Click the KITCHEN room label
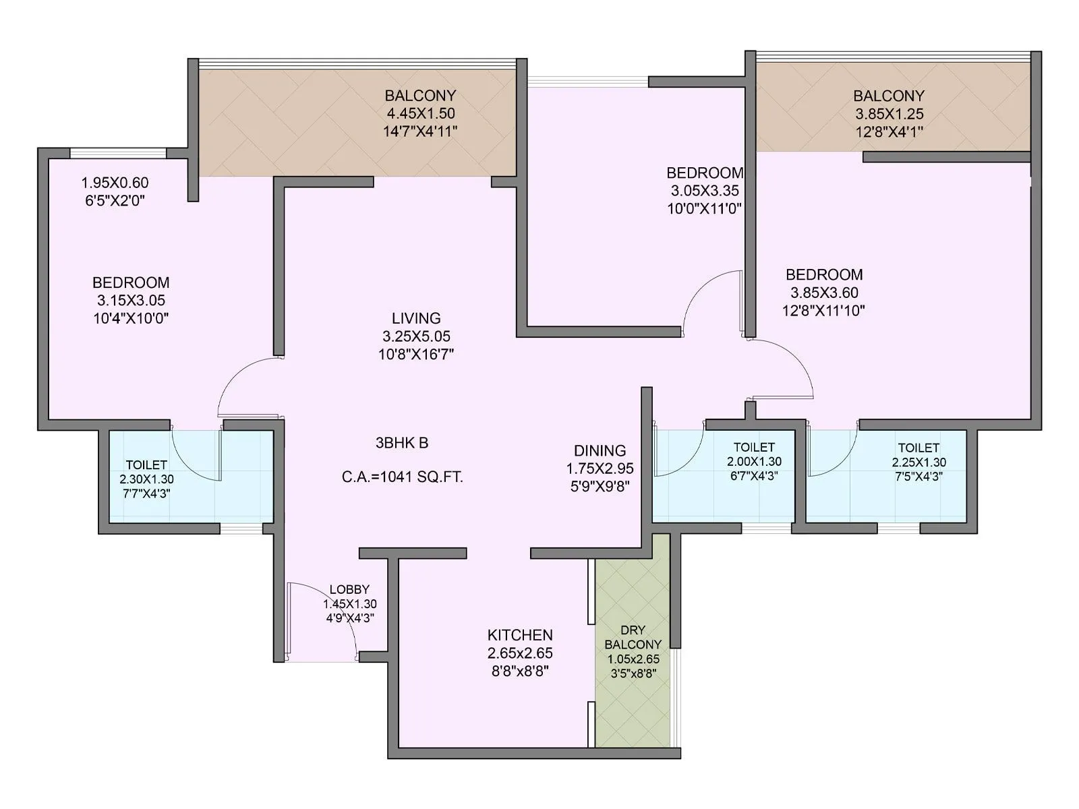pos(520,635)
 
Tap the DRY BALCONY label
pos(633,637)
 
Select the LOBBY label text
pos(349,589)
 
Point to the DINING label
pos(600,450)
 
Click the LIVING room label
pos(416,318)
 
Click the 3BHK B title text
pos(402,443)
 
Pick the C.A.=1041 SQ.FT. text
pos(403,477)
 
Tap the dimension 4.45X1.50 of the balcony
pos(420,113)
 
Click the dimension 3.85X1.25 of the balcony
pos(889,114)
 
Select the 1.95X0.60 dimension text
pos(115,183)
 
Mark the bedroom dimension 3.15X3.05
pos(131,301)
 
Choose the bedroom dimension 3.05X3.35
pos(704,191)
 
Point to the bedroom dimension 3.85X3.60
pos(824,293)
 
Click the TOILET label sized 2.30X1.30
pos(146,465)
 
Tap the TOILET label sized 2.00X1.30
pos(754,447)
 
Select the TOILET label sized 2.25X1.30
pos(918,448)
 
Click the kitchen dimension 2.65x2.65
pos(520,653)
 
